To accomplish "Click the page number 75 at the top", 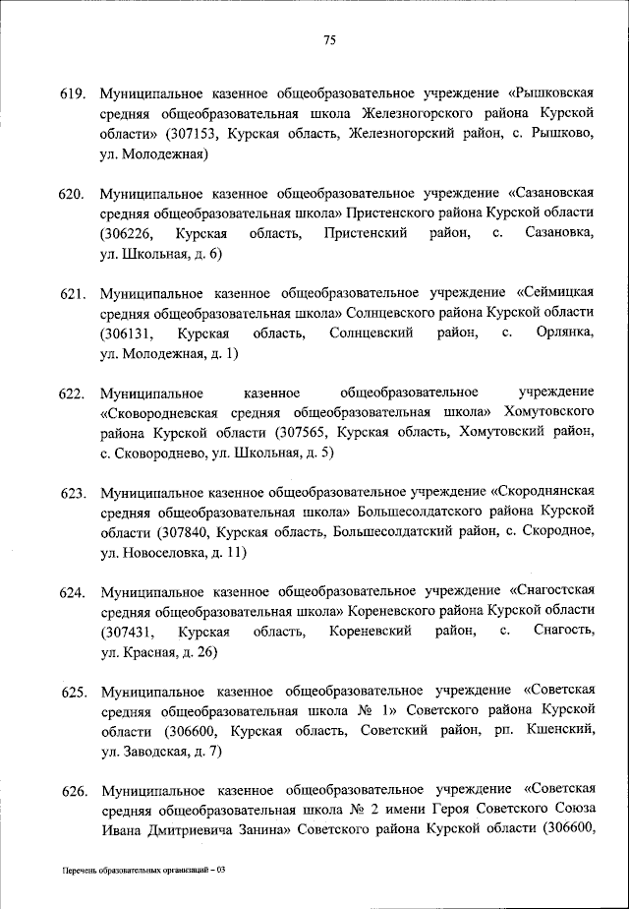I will pos(329,39).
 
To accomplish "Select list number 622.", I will pos(76,394).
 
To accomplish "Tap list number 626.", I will pos(76,792).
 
